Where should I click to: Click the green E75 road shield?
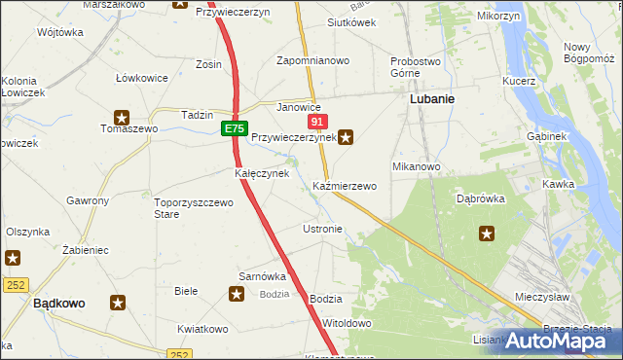[234, 128]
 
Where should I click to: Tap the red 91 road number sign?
[317, 122]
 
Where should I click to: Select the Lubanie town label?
[433, 99]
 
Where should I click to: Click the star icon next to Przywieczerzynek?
[346, 137]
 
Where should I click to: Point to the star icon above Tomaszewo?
[122, 115]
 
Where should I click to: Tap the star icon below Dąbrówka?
[487, 234]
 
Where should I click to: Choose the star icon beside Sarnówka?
[237, 292]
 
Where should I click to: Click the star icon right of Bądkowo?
[118, 303]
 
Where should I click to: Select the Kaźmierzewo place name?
[345, 185]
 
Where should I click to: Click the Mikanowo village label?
[417, 166]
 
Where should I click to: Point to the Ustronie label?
[322, 229]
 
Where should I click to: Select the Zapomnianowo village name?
[312, 60]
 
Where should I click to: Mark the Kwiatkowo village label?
[202, 329]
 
